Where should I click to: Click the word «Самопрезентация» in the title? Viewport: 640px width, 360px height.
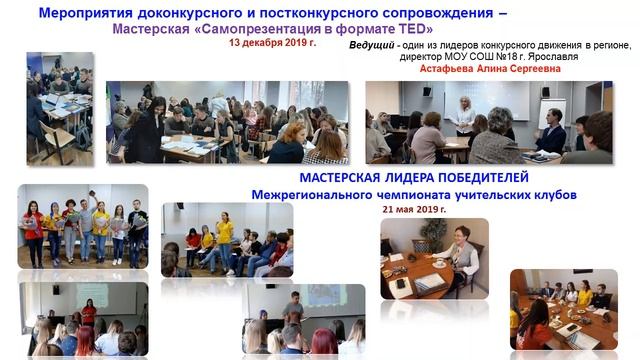(243, 30)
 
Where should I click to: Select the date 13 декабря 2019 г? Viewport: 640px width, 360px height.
(270, 45)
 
